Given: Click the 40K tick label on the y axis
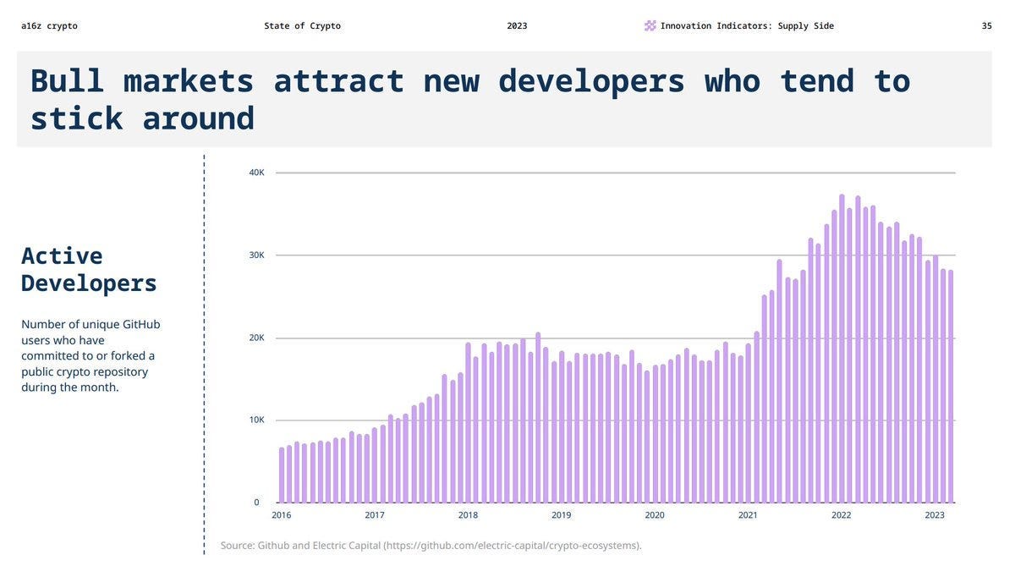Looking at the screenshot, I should point(256,173).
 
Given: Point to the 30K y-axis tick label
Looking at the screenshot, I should point(256,256).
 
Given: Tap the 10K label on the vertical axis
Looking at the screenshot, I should point(256,420).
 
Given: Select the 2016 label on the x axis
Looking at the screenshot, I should point(281,515).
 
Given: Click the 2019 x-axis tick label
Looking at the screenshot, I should point(561,515).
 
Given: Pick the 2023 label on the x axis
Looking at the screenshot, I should point(934,515).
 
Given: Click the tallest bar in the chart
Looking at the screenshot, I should point(842,349).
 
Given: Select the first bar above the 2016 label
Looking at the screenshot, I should point(282,475).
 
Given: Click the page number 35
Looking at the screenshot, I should point(986,26).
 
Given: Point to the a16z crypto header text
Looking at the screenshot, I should point(49,26).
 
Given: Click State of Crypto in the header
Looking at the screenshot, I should point(302,26).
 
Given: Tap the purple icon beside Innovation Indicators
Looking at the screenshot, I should point(650,26).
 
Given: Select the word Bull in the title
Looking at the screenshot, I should point(67,81).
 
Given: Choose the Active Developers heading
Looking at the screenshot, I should point(89,269).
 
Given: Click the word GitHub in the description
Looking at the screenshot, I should point(141,325).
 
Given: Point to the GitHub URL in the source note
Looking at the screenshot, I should point(512,546).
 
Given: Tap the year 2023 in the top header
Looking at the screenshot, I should point(517,26).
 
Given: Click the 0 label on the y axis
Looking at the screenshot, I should point(256,503).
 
